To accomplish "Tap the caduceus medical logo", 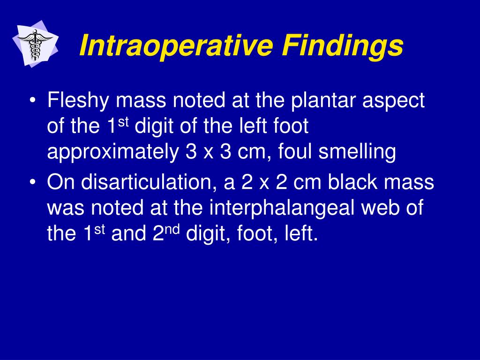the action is point(35,44).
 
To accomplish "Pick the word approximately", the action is point(113,152).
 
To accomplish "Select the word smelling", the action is point(357,152).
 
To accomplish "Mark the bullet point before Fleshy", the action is point(33,101).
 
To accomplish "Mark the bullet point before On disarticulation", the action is point(33,182).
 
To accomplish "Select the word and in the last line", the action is point(128,233).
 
